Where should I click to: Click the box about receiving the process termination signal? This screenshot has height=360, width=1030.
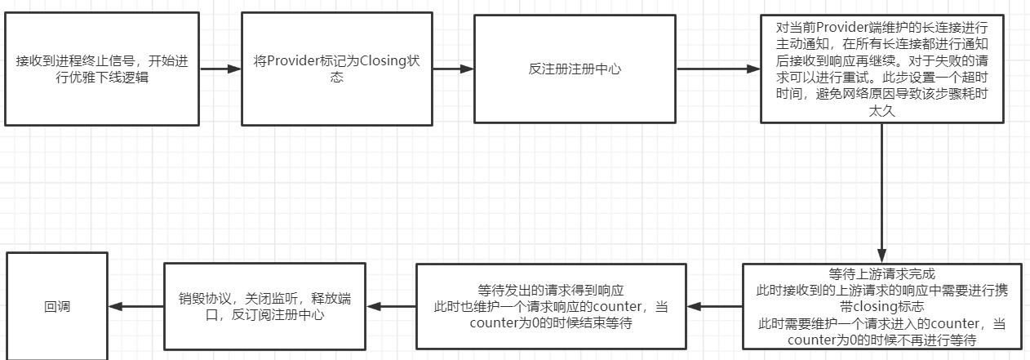tap(101, 69)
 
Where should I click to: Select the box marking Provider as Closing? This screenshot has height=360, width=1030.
tap(337, 69)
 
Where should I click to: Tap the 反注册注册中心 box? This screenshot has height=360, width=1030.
tap(575, 69)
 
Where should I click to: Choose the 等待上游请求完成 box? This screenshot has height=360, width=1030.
tap(882, 307)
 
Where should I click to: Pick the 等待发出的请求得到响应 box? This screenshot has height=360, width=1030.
tap(551, 307)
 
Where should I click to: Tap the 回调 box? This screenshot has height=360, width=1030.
tap(57, 307)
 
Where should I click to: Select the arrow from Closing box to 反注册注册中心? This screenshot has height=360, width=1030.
tap(453, 69)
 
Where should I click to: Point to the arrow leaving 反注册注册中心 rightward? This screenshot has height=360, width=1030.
tap(718, 69)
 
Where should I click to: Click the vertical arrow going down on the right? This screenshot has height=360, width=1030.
tap(882, 193)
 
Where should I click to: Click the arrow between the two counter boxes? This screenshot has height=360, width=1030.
tap(714, 307)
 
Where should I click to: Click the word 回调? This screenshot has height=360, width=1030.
tap(57, 307)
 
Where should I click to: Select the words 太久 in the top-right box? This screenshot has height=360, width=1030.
tap(883, 110)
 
